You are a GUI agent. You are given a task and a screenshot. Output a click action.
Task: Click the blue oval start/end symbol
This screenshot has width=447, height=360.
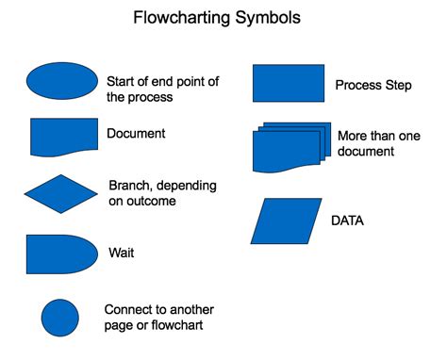tap(61, 82)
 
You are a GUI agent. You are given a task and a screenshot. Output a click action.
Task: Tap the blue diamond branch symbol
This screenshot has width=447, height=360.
tap(61, 194)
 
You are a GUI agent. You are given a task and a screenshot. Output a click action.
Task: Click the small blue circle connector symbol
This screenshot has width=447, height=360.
tap(60, 318)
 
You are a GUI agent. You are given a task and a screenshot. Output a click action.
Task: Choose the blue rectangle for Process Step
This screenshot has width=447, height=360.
tap(289, 83)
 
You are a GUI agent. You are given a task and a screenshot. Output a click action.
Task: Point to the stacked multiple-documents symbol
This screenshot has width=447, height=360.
tap(291, 146)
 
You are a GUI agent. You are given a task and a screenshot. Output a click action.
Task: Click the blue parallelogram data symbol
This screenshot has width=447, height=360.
tap(288, 220)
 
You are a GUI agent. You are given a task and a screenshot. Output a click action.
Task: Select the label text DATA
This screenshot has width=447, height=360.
tap(348, 221)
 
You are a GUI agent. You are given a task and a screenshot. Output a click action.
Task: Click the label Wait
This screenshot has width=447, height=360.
tap(121, 254)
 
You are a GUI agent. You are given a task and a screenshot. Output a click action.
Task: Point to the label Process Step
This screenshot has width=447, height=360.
tap(372, 86)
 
